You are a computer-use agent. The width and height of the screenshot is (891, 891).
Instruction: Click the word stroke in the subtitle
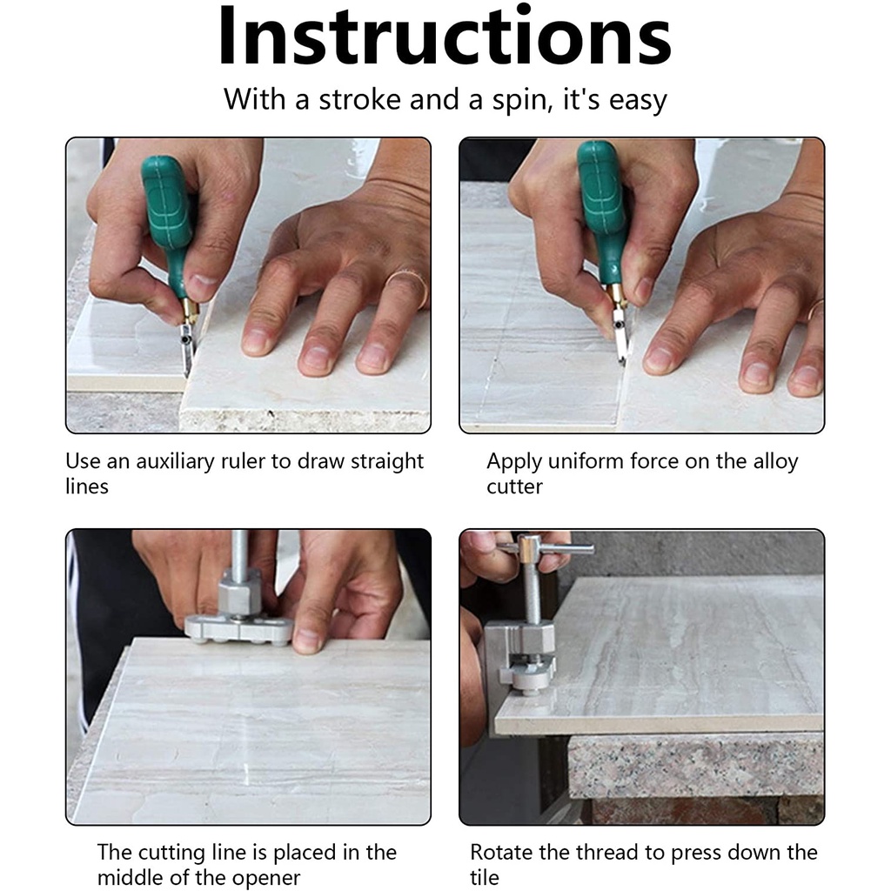(x=359, y=99)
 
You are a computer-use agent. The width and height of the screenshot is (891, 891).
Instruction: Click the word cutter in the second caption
(x=514, y=487)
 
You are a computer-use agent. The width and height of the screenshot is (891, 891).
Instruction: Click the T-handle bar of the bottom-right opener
(x=546, y=548)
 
